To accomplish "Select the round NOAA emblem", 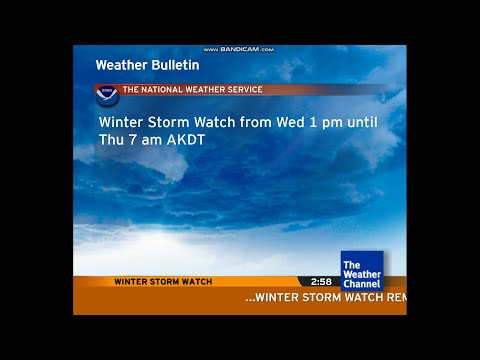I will pyautogui.click(x=107, y=95).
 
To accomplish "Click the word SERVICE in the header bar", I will pyautogui.click(x=241, y=90).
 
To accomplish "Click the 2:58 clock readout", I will pyautogui.click(x=320, y=282).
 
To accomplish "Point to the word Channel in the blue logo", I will pyautogui.click(x=361, y=284).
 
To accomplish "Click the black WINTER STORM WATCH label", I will pyautogui.click(x=163, y=282).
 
